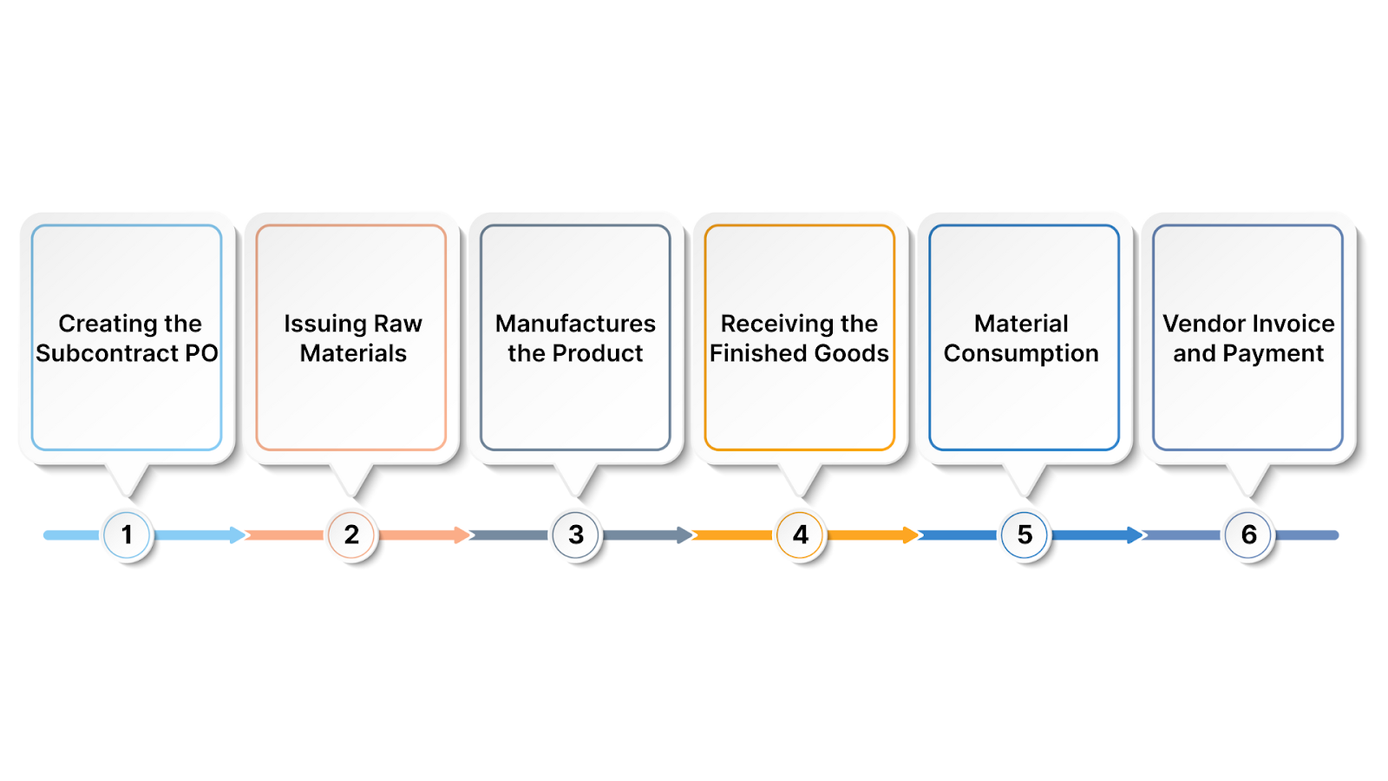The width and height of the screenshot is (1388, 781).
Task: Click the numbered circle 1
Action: click(127, 535)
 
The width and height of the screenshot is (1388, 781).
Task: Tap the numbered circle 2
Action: click(351, 535)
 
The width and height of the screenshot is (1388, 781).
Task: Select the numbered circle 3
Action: click(576, 535)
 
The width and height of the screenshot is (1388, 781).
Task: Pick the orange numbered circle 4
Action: click(800, 535)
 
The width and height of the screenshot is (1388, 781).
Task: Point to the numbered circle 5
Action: click(1025, 535)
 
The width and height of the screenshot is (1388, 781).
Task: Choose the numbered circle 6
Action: click(1248, 535)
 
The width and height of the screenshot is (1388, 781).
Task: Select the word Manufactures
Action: click(575, 324)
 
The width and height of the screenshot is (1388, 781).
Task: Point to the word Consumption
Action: click(1021, 354)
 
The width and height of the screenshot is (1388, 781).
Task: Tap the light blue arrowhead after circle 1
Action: click(238, 535)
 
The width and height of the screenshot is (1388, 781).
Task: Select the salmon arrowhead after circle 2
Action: click(462, 535)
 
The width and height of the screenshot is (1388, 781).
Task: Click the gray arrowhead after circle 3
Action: click(685, 535)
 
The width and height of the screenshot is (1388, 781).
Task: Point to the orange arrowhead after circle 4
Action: click(910, 535)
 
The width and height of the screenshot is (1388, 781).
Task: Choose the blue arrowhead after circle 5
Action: click(1135, 535)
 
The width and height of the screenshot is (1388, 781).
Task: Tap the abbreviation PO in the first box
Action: click(201, 354)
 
